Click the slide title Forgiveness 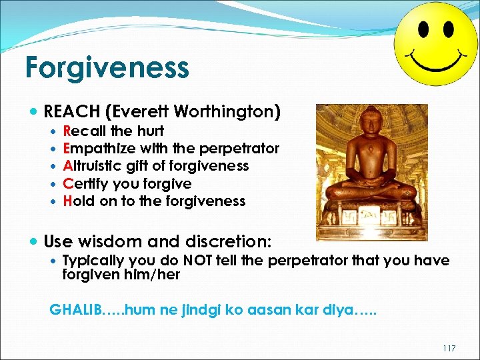[107, 68]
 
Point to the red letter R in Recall [67, 131]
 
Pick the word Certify [85, 183]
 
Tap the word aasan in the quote [285, 309]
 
